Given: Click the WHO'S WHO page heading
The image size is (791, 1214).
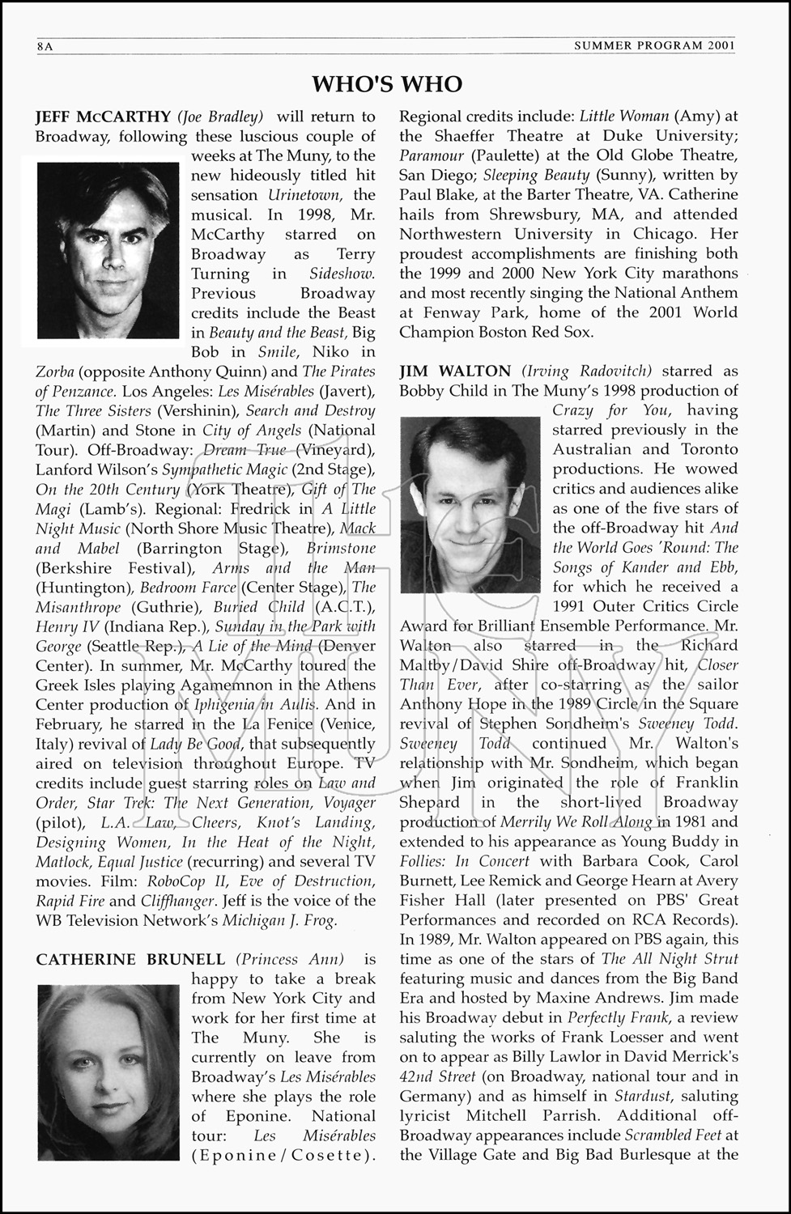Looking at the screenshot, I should pyautogui.click(x=388, y=84).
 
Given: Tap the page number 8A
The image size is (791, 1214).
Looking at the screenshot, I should pyautogui.click(x=45, y=46).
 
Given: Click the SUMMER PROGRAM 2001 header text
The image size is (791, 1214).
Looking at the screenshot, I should pyautogui.click(x=654, y=46).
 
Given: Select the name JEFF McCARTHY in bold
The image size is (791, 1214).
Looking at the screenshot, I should pyautogui.click(x=104, y=117).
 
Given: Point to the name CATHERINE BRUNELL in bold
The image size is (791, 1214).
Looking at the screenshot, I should pyautogui.click(x=130, y=959).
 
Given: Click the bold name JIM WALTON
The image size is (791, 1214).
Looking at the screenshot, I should pyautogui.click(x=455, y=371).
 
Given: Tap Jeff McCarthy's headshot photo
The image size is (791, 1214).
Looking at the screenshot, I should pyautogui.click(x=108, y=250).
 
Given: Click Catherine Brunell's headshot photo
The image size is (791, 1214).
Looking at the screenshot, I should pyautogui.click(x=108, y=1072).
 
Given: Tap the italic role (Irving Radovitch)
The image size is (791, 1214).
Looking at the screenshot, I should pyautogui.click(x=587, y=371).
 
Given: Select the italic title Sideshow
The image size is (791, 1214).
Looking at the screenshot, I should pyautogui.click(x=342, y=274).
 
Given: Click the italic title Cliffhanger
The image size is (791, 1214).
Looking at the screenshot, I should pyautogui.click(x=178, y=901).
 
